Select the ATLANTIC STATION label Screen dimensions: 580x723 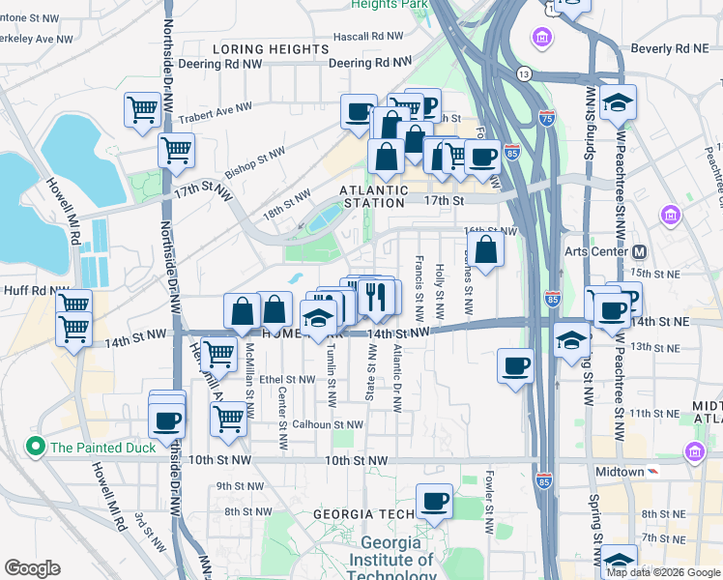373,196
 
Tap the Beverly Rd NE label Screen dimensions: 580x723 670,47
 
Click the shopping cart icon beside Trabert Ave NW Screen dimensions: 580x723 142,109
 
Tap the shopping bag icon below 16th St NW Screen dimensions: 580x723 487,248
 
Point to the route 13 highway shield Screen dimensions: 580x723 524,73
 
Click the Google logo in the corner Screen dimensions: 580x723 32,568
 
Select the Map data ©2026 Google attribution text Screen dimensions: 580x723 662,572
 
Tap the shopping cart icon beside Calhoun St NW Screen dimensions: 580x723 228,419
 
